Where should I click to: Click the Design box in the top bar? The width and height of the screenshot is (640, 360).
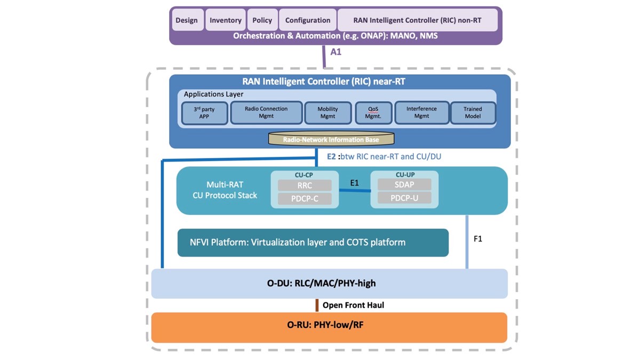(x=187, y=20)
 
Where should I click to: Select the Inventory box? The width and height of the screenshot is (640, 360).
(x=226, y=20)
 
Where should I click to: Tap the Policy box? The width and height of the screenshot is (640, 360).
(x=262, y=20)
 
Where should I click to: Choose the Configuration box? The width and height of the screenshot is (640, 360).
(x=308, y=20)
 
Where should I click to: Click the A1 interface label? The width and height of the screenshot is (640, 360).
(x=336, y=52)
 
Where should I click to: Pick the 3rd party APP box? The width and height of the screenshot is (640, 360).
(x=204, y=113)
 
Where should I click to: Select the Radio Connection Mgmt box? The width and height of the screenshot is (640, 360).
(x=266, y=113)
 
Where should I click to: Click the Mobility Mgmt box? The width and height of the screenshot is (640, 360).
(x=328, y=113)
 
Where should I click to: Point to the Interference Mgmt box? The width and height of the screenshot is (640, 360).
(x=421, y=113)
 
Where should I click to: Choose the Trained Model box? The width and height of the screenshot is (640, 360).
(x=473, y=113)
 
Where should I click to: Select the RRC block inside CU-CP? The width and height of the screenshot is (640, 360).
(x=305, y=186)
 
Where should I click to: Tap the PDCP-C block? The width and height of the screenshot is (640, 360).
(x=305, y=199)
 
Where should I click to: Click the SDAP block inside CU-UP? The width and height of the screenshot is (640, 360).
(x=404, y=185)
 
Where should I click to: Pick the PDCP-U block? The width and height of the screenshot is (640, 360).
(x=404, y=198)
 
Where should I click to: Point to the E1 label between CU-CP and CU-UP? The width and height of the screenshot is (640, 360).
(x=355, y=183)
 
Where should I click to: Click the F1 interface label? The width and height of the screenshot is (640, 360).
(x=478, y=239)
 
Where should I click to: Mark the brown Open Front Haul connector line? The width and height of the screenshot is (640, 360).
(x=317, y=305)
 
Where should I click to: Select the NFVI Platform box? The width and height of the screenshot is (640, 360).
(x=313, y=243)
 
